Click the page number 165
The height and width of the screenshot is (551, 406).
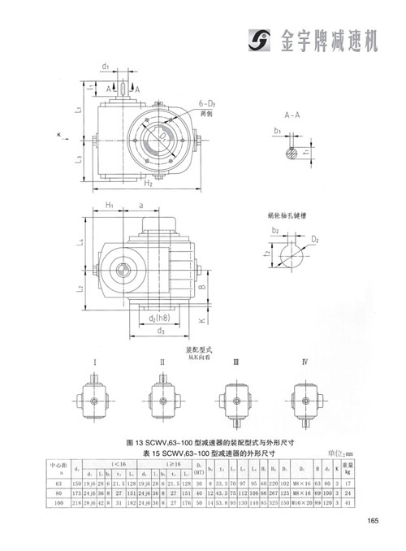click(372, 522)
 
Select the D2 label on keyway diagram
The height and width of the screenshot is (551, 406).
click(315, 241)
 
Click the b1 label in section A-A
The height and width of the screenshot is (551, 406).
click(277, 130)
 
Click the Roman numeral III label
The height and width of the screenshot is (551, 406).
click(235, 360)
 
